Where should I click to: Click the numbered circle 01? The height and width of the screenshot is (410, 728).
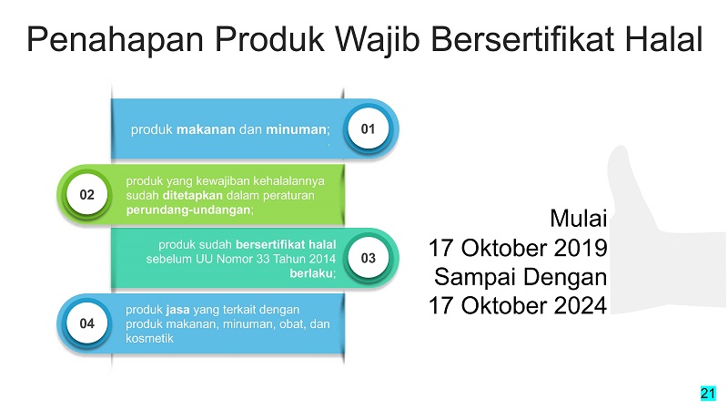pyautogui.click(x=369, y=128)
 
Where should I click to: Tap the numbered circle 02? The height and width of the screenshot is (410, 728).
pyautogui.click(x=86, y=194)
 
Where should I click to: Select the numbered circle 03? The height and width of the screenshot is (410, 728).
pyautogui.click(x=369, y=258)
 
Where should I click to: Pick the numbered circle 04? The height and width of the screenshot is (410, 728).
pyautogui.click(x=86, y=323)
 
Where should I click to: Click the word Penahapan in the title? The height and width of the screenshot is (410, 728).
pyautogui.click(x=116, y=40)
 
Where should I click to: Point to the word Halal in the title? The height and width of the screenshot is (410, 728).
pyautogui.click(x=663, y=39)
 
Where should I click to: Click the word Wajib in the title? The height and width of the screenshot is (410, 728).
pyautogui.click(x=378, y=40)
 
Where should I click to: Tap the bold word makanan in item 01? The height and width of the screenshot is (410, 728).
pyautogui.click(x=206, y=129)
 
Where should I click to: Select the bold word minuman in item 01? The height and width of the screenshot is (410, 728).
pyautogui.click(x=296, y=129)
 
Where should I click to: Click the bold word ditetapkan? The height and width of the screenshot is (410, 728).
pyautogui.click(x=192, y=195)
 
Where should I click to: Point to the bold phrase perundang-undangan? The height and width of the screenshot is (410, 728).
pyautogui.click(x=188, y=210)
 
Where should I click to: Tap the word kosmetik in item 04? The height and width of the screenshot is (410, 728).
pyautogui.click(x=149, y=338)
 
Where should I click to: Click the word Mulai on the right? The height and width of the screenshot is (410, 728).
pyautogui.click(x=579, y=218)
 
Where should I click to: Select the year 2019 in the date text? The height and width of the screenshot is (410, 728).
pyautogui.click(x=581, y=248)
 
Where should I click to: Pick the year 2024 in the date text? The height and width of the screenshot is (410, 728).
pyautogui.click(x=581, y=305)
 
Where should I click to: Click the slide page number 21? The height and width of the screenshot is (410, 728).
pyautogui.click(x=708, y=394)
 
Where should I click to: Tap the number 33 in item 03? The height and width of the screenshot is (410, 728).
pyautogui.click(x=262, y=259)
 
